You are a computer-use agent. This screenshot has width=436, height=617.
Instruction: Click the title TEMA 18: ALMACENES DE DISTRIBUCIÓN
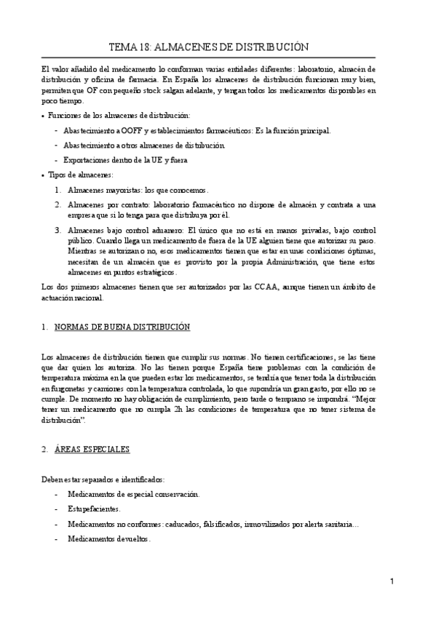pyautogui.click(x=209, y=47)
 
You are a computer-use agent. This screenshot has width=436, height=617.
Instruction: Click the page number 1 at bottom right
pyautogui.click(x=391, y=582)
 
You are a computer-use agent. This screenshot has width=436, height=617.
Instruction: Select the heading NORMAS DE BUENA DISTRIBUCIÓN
pyautogui.click(x=122, y=327)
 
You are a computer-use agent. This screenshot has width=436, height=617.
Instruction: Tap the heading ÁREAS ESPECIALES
pyautogui.click(x=92, y=450)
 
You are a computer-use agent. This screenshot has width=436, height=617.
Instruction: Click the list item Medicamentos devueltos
pyautogui.click(x=108, y=539)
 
